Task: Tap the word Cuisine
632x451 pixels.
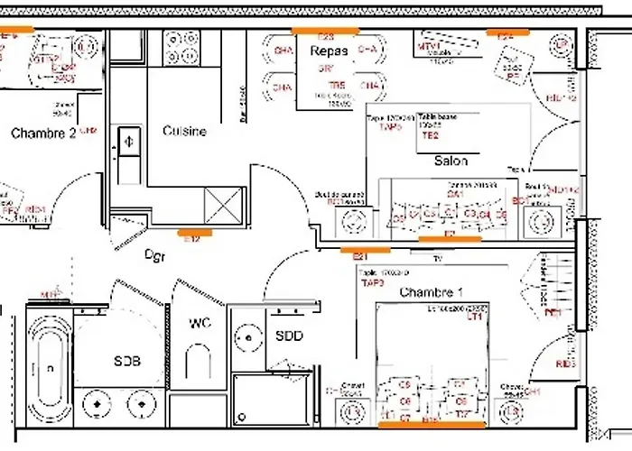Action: (x=184, y=131)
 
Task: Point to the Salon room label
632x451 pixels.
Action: (x=451, y=161)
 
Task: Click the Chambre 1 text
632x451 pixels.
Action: (x=431, y=292)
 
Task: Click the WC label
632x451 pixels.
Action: (x=200, y=324)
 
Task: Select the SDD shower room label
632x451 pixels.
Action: (x=289, y=336)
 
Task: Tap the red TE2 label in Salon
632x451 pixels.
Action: (x=430, y=135)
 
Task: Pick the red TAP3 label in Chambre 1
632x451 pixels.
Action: (x=372, y=282)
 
